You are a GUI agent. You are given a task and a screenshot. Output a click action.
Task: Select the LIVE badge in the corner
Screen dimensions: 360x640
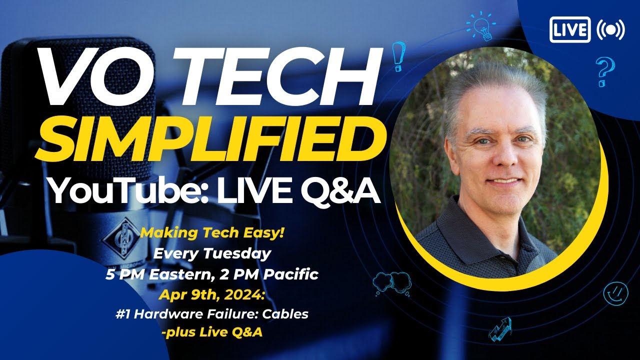(570, 30)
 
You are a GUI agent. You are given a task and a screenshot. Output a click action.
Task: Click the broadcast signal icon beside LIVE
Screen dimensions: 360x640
(610, 30)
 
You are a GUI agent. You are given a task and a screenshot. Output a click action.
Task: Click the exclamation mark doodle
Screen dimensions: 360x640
(398, 56)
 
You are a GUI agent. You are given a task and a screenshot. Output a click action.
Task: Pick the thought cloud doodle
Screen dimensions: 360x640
(391, 283)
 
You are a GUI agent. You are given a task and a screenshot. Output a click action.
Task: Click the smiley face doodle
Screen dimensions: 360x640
(615, 292)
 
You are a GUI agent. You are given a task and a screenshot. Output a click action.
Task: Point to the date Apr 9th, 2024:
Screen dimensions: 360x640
(211, 294)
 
